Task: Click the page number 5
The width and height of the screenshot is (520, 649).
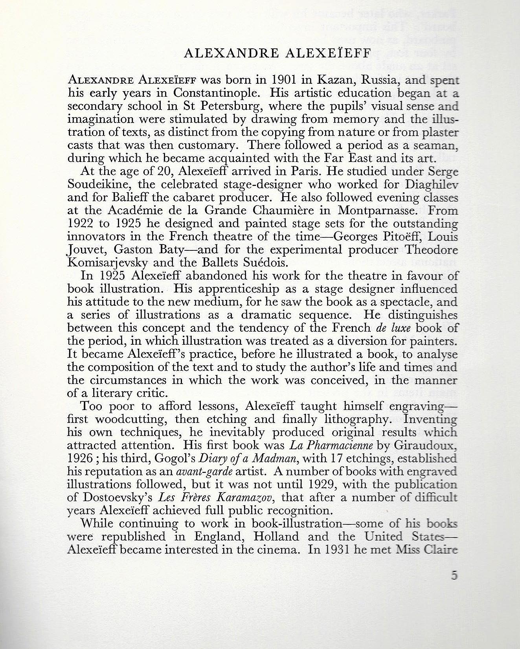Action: [454, 575]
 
